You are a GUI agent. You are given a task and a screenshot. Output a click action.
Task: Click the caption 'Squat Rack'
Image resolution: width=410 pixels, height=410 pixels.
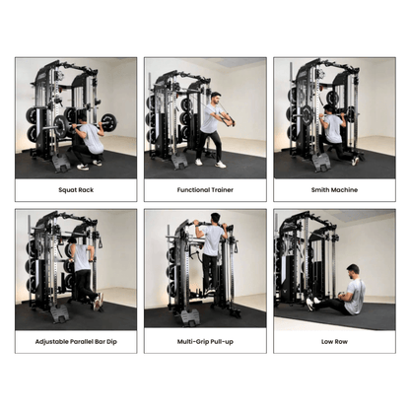pos(76,189)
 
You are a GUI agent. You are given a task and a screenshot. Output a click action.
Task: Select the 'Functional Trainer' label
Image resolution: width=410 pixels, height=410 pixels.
pos(205,189)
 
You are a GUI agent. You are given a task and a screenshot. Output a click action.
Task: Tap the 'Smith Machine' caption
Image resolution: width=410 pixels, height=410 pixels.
pos(334,189)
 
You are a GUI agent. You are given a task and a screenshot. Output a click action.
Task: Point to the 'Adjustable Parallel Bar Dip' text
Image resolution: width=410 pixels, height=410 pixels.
pos(76,341)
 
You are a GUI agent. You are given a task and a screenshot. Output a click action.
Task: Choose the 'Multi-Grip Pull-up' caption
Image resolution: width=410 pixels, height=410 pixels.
pos(205,341)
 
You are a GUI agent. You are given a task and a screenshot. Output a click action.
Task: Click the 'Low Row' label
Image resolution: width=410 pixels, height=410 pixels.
pos(334,341)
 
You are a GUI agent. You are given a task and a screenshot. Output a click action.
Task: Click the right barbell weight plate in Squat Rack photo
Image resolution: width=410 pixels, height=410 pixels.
pos(107,123)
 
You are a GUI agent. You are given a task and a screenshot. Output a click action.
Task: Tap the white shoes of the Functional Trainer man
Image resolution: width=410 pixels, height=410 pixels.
pos(210,163)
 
